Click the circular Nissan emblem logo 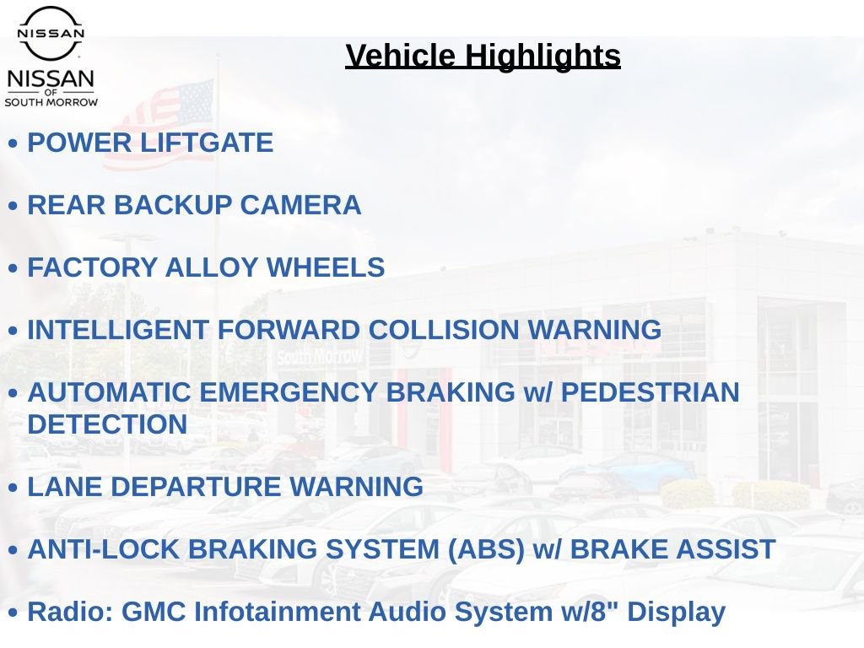tap(51, 32)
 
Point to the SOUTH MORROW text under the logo tap(51, 102)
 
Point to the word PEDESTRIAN tap(651, 392)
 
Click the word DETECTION tap(107, 424)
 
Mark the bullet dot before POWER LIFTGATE tap(13, 143)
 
